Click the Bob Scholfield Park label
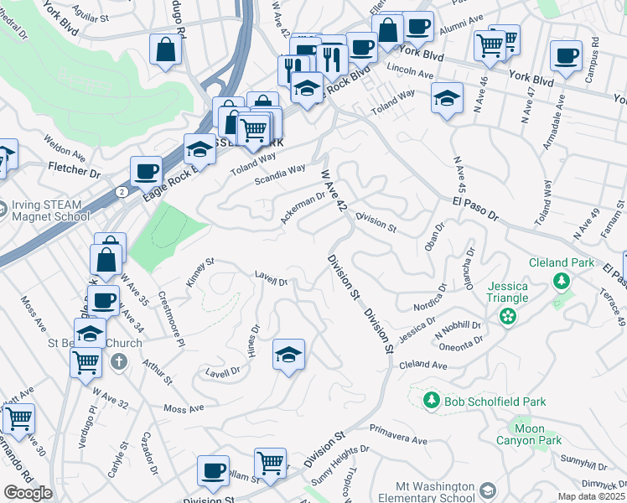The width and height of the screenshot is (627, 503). pos(495,402)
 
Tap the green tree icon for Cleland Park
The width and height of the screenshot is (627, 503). pos(560,283)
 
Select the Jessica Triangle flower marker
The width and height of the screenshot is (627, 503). pos(506,316)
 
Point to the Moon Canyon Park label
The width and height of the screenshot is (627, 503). pos(537,433)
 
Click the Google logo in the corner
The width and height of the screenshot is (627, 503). pos(28,493)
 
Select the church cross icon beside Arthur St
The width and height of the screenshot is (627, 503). pos(119,362)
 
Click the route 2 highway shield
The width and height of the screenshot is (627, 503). pos(122,191)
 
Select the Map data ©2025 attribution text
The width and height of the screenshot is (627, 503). pos(592,496)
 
